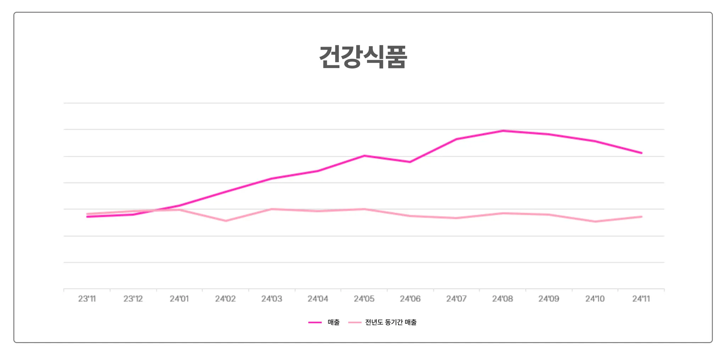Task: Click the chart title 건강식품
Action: pos(363,57)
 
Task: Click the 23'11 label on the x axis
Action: pos(87,299)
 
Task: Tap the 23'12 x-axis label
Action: pos(133,299)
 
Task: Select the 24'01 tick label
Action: pos(179,299)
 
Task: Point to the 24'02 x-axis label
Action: pos(225,299)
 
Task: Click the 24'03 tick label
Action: pos(272,299)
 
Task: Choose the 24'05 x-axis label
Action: pos(364,299)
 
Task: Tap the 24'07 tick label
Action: pos(456,299)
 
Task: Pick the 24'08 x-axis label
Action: pos(502,299)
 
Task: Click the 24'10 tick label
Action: pos(595,299)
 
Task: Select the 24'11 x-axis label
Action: pos(641,299)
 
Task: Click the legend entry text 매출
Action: pos(334,322)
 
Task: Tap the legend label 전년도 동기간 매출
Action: pos(391,322)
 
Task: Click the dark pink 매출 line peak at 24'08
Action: pos(503,131)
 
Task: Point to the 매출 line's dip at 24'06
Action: pos(410,162)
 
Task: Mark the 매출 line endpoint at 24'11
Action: pos(641,153)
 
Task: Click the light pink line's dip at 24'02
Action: pos(225,221)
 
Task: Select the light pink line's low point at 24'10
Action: pos(595,222)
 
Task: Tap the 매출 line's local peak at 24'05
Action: pos(364,156)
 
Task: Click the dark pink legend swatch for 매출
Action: pos(315,322)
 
